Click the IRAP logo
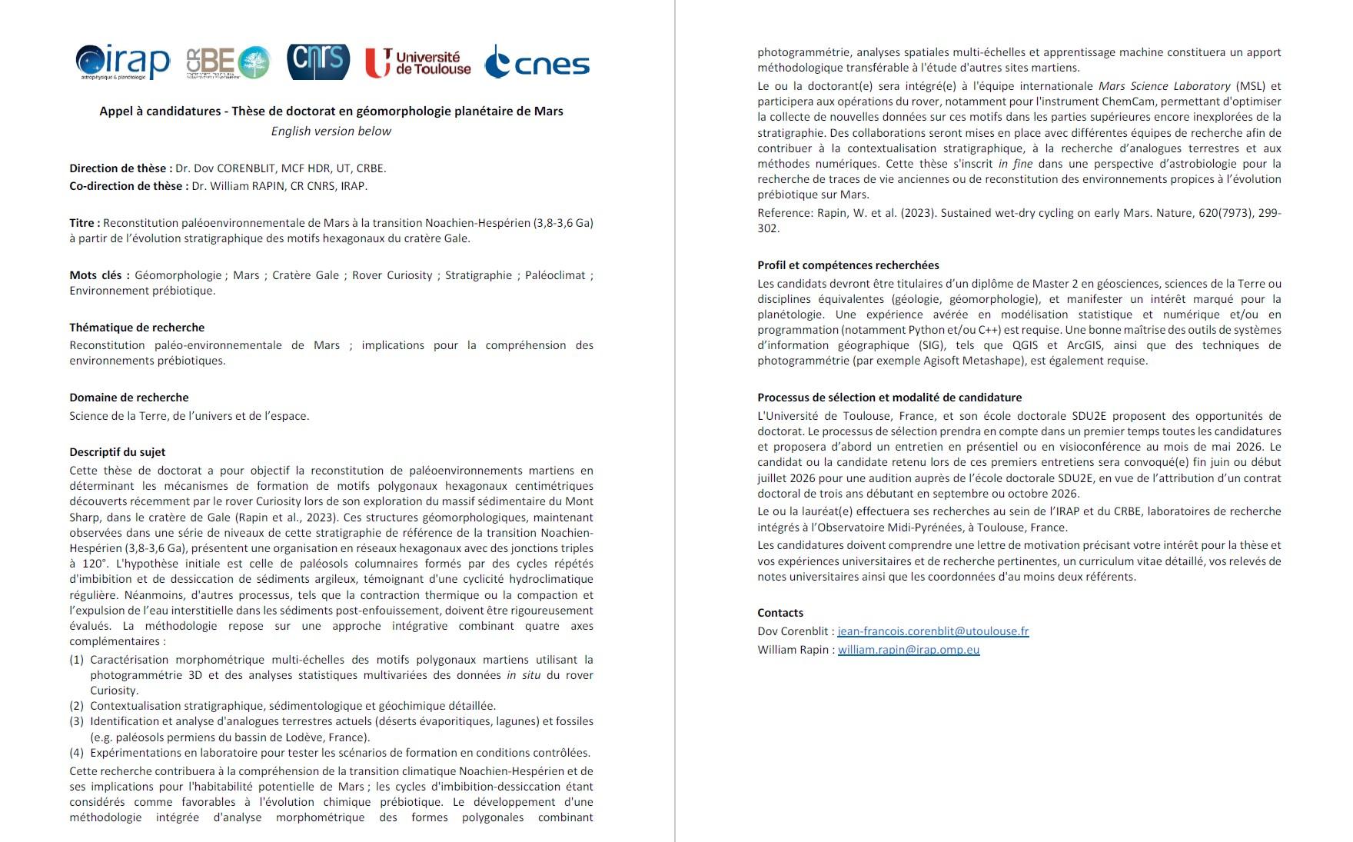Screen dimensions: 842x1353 [x=123, y=62]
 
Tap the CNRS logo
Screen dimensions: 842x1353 [x=318, y=62]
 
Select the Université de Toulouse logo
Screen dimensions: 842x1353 [x=417, y=62]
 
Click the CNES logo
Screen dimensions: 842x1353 [x=537, y=62]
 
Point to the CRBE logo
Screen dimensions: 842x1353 [x=228, y=62]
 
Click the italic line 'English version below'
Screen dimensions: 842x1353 [x=331, y=131]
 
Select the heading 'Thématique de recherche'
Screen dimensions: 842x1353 [x=137, y=327]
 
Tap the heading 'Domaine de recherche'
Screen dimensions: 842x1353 [x=129, y=398]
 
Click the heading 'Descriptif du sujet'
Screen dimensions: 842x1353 [x=118, y=452]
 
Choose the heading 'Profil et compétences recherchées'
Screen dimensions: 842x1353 [x=848, y=265]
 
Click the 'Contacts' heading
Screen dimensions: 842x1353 [x=780, y=613]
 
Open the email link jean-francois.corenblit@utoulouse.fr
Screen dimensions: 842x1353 [x=932, y=631]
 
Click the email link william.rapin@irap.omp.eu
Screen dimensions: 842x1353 [x=908, y=650]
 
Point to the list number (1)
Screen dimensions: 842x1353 [x=76, y=660]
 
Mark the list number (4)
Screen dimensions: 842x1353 [x=76, y=753]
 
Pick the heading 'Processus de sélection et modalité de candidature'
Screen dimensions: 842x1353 [x=889, y=398]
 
